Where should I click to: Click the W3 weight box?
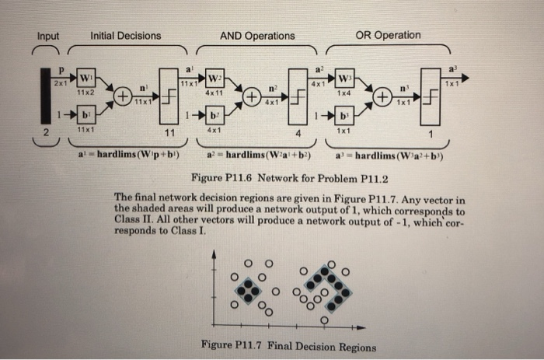pyautogui.click(x=341, y=81)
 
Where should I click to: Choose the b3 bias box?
pyautogui.click(x=341, y=117)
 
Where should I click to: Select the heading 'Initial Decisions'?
pyautogui.click(x=126, y=36)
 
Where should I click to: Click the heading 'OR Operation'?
pyautogui.click(x=388, y=35)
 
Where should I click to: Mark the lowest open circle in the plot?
pyautogui.click(x=324, y=319)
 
